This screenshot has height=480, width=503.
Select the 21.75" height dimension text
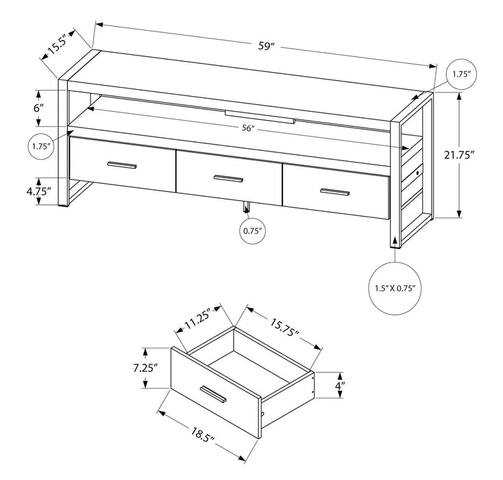click(478, 155)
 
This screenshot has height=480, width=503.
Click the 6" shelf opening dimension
click(40, 108)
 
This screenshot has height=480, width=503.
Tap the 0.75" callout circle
click(251, 231)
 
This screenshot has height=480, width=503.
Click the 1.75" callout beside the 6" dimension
click(41, 145)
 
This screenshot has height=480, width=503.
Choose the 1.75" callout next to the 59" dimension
click(460, 73)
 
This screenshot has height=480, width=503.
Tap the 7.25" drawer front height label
click(146, 368)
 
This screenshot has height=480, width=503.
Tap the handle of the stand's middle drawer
click(228, 178)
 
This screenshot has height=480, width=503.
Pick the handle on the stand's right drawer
click(336, 191)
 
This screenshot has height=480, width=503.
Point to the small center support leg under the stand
click(246, 208)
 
